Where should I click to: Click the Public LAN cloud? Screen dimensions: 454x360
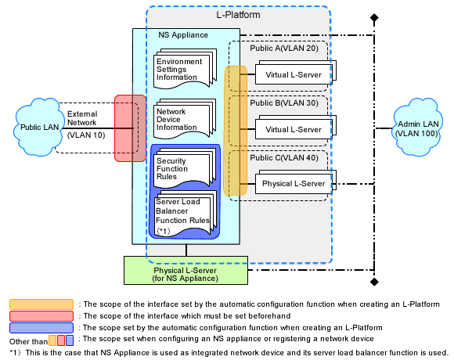(38, 128)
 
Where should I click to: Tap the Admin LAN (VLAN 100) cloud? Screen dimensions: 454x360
(417, 128)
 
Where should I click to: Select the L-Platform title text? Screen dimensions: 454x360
(238, 15)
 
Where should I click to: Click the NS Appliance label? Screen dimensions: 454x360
(183, 35)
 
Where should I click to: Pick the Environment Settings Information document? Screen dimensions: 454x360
(185, 69)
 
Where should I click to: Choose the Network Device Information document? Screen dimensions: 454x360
(185, 119)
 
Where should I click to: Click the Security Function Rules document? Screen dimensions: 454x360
(185, 168)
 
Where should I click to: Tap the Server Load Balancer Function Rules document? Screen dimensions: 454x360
(186, 214)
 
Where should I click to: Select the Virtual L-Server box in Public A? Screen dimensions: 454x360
(295, 73)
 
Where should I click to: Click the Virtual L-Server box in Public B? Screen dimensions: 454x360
(295, 128)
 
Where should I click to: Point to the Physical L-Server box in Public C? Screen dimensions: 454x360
(295, 182)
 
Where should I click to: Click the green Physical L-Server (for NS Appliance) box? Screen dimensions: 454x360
(186, 270)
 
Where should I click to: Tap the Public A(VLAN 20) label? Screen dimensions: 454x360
(284, 48)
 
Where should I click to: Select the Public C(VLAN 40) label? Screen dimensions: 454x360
(284, 158)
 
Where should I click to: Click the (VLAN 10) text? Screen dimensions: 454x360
(86, 135)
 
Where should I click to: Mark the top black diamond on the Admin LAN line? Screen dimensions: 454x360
(374, 18)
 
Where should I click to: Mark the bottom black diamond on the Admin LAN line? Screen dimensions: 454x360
(374, 282)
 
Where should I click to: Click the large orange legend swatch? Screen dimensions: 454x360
(41, 304)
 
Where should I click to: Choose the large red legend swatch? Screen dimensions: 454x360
(41, 316)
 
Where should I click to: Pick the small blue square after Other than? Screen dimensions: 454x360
(70, 340)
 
